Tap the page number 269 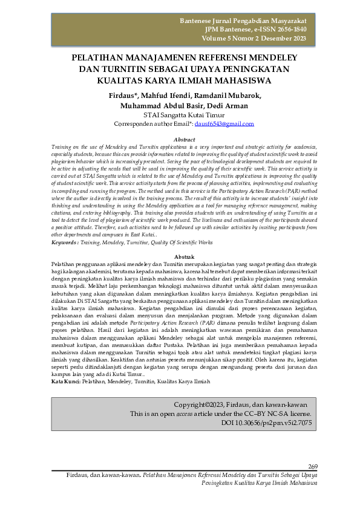(x=313, y=466)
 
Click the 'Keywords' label (x=65, y=242)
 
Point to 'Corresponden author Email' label (x=152, y=123)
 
